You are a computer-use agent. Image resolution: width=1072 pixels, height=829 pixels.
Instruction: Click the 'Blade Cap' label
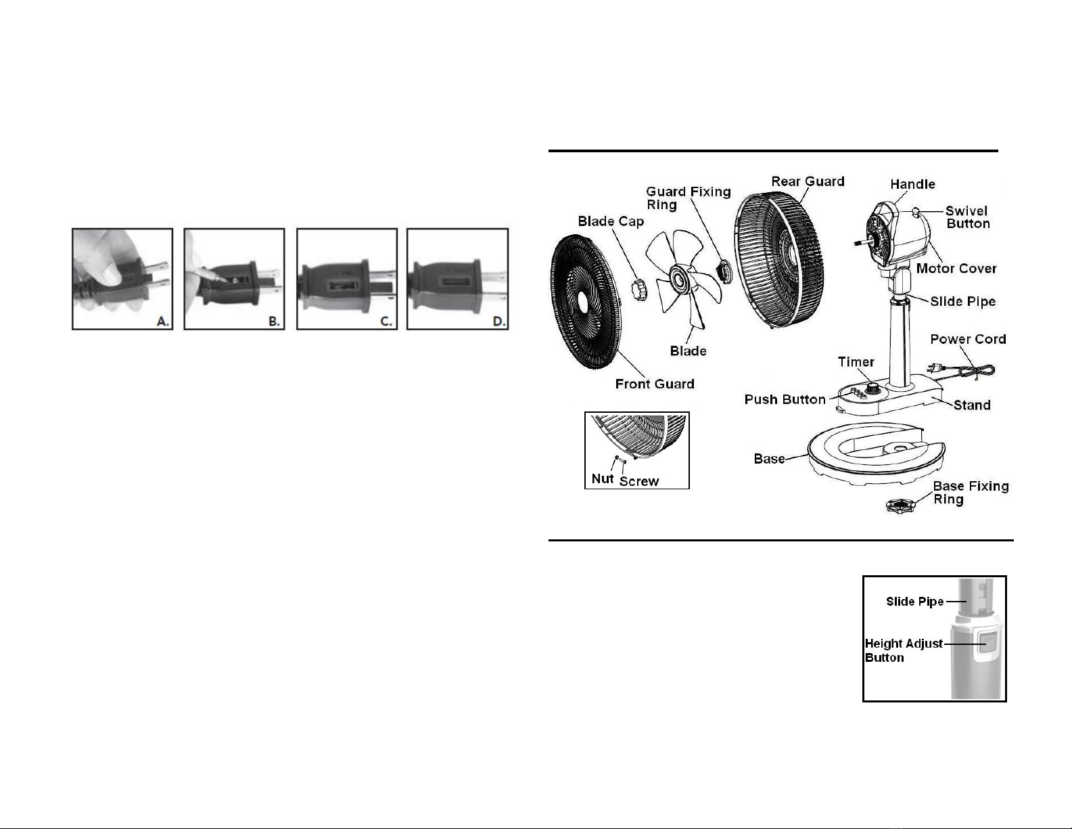point(611,221)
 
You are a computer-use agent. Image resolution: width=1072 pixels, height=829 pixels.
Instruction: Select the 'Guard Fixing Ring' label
point(689,198)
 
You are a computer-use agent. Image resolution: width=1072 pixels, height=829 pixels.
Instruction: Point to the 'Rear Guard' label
point(808,181)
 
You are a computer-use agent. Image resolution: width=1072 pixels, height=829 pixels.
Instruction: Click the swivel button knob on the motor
point(915,211)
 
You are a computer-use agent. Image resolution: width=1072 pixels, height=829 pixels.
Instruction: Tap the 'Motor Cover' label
point(956,269)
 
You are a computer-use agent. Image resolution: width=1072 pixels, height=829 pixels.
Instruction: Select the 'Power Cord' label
point(968,339)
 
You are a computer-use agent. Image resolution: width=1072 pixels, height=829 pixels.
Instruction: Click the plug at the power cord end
point(935,367)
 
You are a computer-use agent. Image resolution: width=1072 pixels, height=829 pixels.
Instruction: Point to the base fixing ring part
point(900,506)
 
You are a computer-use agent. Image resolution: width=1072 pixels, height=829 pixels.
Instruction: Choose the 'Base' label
point(769,459)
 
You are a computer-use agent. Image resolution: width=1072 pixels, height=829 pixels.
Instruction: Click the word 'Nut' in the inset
point(603,478)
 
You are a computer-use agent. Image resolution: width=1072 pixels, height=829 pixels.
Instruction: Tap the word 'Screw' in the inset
point(639,481)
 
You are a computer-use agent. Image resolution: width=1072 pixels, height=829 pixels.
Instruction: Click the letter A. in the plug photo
point(163,321)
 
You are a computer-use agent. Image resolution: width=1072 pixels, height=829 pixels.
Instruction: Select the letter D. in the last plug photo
point(498,321)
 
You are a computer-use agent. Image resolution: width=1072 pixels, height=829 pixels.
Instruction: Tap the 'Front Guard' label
point(655,384)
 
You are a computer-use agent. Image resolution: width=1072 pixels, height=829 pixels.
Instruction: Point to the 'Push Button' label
point(785,399)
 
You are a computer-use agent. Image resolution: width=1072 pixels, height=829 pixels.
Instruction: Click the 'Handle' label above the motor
point(912,184)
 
